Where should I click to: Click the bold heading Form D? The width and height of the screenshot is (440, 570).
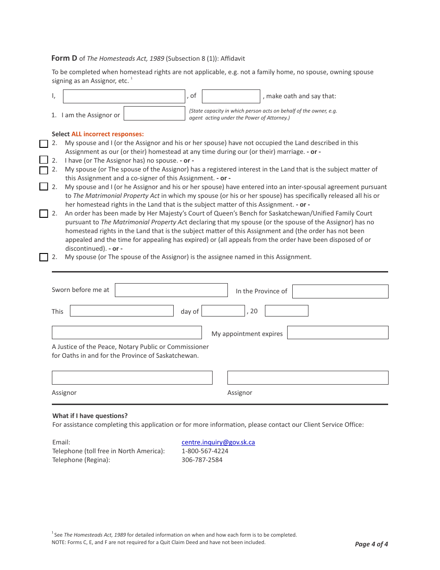(64, 58)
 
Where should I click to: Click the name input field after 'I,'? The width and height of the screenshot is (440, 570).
(124, 96)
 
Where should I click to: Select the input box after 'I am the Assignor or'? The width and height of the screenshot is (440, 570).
(154, 114)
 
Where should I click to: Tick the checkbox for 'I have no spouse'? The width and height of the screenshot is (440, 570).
(44, 160)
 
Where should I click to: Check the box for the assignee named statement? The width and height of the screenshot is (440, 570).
(44, 257)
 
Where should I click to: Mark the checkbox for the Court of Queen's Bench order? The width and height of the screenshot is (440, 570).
(44, 214)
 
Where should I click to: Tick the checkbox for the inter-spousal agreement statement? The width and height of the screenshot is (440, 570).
(44, 187)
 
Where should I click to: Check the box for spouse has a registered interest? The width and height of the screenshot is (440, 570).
(44, 170)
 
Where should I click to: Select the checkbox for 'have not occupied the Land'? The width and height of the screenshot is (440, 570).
(44, 144)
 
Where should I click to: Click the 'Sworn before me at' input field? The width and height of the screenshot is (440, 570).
(171, 290)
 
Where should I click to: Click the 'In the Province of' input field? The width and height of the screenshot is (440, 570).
(340, 291)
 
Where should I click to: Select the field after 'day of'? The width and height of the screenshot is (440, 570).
(223, 311)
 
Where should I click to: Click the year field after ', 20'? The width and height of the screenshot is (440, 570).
(286, 311)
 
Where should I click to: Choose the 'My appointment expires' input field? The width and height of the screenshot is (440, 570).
(338, 333)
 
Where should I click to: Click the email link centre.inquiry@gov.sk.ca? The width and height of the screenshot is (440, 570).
(218, 442)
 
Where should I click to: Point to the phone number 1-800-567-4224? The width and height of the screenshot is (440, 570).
(205, 451)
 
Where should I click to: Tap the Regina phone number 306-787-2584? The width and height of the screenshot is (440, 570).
(202, 460)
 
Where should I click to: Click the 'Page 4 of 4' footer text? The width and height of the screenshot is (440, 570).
(371, 544)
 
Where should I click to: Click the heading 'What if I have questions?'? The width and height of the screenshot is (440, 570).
(90, 416)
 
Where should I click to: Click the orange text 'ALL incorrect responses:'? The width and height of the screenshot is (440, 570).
(107, 134)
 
